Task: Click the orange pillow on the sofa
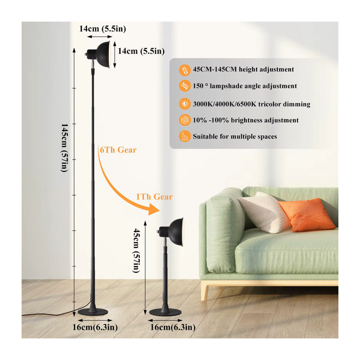point(306,214)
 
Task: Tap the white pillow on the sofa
point(263,212)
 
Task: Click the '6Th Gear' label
point(118,150)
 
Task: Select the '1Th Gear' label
point(154,197)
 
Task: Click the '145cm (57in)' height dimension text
point(64,148)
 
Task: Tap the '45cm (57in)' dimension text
point(136,251)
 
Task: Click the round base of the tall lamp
point(93,312)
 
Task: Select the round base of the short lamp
point(165,312)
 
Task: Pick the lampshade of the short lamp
point(176,232)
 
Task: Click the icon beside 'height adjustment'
point(184,70)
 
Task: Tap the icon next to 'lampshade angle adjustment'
point(184,86)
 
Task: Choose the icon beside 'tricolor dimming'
point(184,104)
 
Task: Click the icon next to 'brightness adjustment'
point(184,120)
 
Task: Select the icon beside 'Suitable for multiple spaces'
point(184,136)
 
